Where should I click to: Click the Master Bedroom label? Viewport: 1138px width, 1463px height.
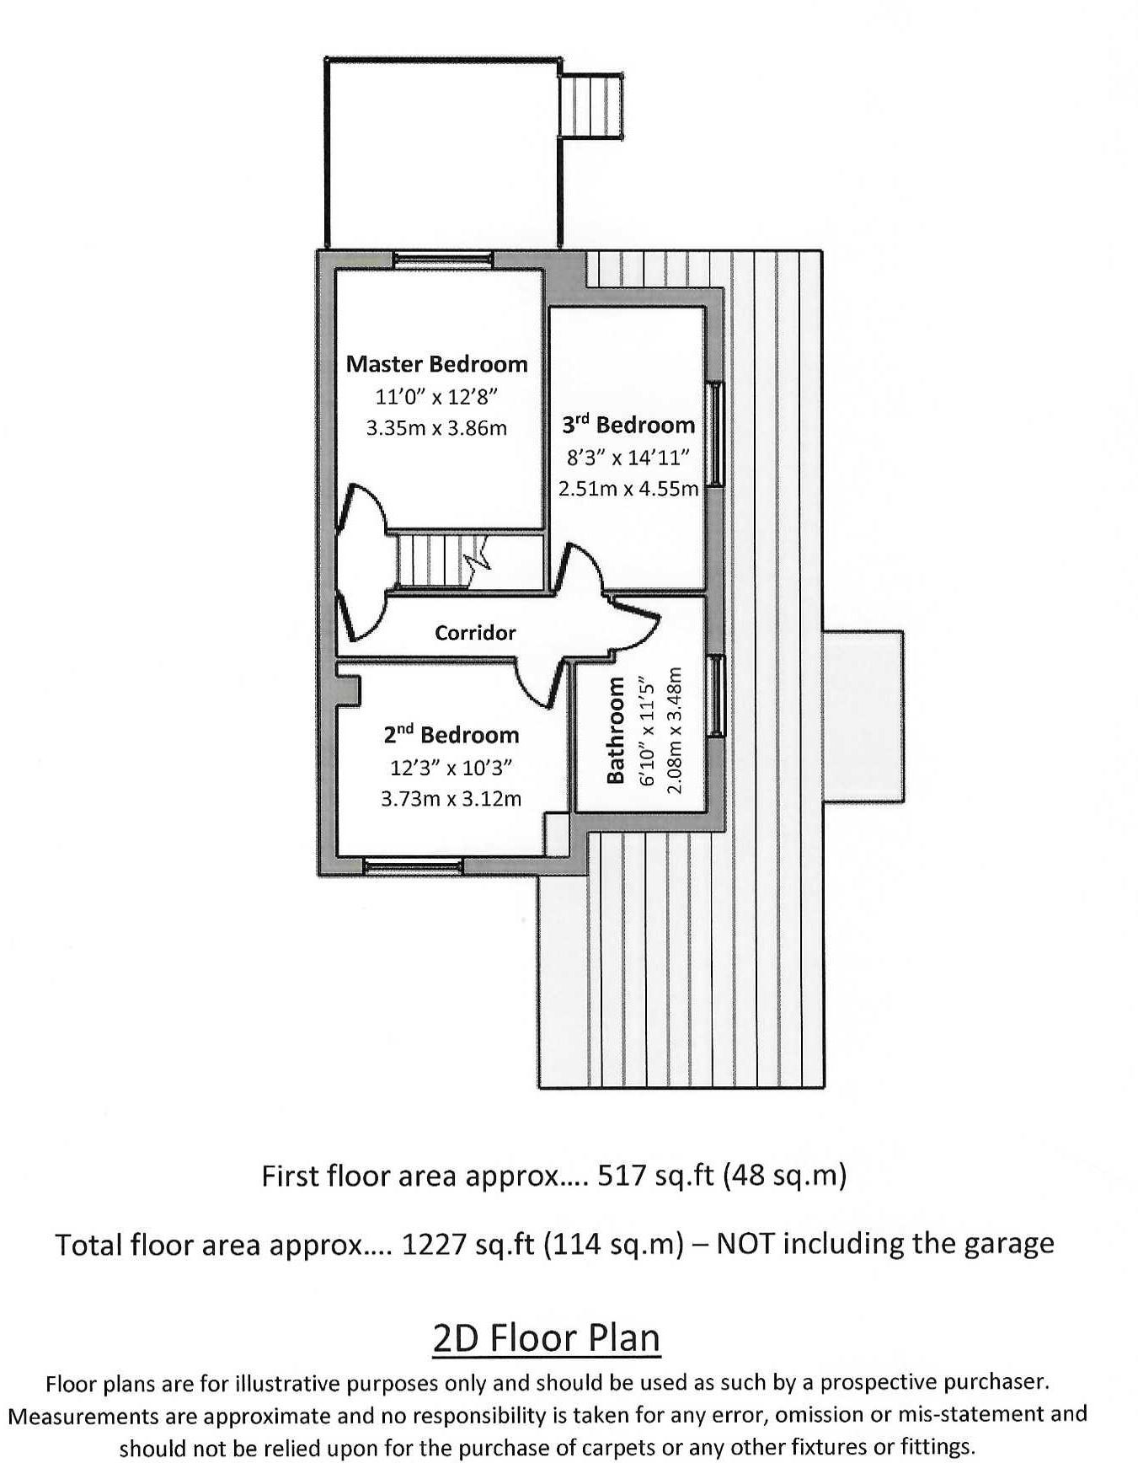click(436, 364)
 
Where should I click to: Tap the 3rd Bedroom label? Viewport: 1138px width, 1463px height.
click(628, 425)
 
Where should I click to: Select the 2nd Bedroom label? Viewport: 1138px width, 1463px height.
click(451, 735)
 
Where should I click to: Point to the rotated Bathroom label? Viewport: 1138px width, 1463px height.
click(616, 730)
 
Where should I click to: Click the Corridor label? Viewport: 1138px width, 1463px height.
click(475, 633)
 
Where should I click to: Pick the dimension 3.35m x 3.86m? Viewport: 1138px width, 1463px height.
click(436, 428)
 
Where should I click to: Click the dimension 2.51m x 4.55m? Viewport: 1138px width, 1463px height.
click(628, 489)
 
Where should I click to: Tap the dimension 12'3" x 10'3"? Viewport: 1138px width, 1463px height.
click(451, 768)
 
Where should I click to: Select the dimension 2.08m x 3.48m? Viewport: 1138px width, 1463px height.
click(674, 730)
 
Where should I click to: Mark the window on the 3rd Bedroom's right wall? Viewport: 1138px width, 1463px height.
click(715, 434)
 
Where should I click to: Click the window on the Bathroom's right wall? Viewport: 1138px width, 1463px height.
click(715, 695)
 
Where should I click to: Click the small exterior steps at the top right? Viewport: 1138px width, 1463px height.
click(591, 106)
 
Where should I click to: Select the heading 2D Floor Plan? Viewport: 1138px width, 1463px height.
click(547, 1337)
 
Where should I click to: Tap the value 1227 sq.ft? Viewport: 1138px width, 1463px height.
click(467, 1244)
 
